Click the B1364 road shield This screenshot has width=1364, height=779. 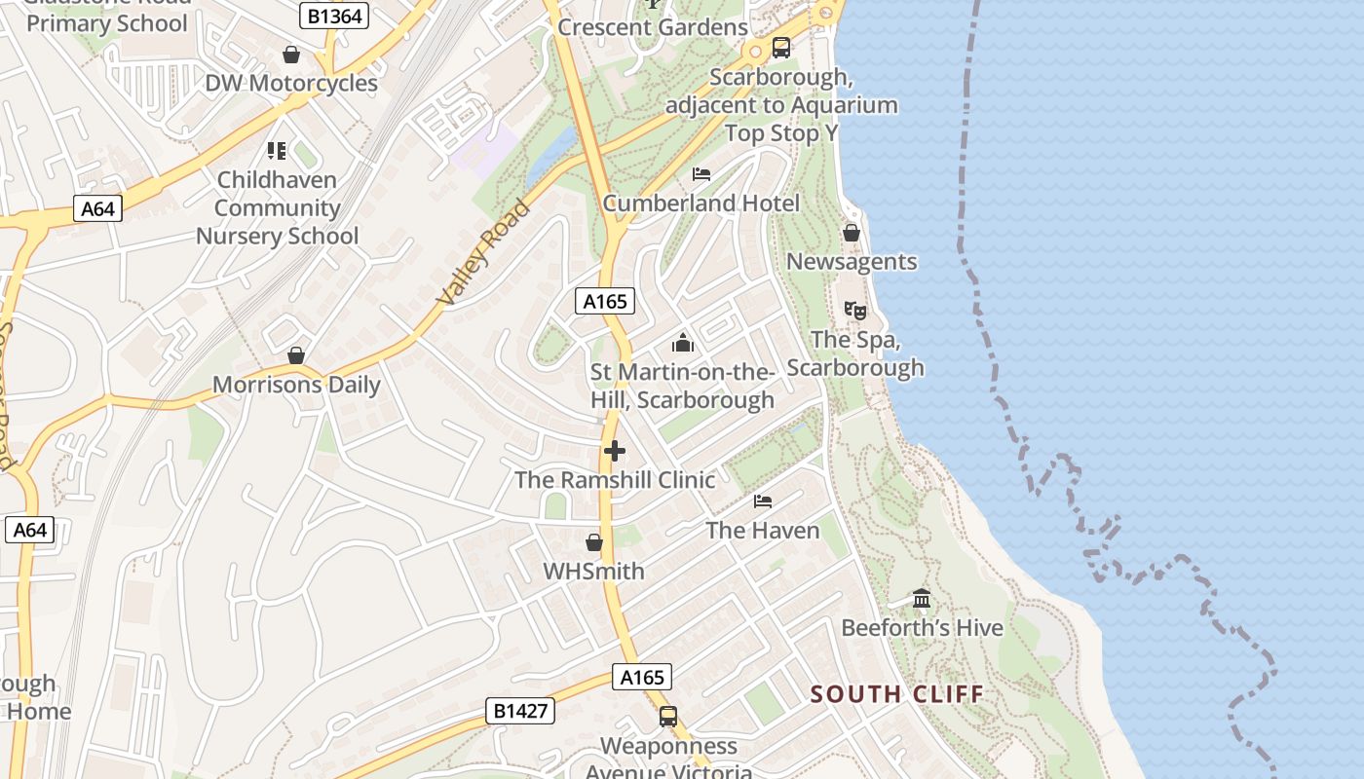click(333, 16)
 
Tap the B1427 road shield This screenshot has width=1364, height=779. click(520, 711)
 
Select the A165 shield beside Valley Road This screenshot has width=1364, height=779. click(604, 302)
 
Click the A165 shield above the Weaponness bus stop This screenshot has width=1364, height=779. click(642, 678)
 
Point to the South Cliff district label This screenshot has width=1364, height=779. click(896, 694)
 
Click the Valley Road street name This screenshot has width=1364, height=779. click(484, 253)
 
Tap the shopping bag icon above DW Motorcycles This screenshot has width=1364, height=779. click(290, 55)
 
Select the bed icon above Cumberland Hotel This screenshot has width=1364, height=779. click(701, 174)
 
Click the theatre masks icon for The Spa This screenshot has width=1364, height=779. click(855, 311)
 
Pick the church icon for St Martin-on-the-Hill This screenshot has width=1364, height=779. click(683, 343)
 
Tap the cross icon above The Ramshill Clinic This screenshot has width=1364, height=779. click(615, 451)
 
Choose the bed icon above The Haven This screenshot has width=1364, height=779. click(763, 501)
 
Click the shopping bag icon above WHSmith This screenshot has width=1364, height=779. click(594, 542)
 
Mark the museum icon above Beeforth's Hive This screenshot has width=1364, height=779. click(922, 599)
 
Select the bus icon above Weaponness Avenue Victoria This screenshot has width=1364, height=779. click(668, 717)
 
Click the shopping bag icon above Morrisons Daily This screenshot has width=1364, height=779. click(296, 355)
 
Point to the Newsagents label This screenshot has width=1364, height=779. click(852, 262)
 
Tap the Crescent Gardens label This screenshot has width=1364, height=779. click(653, 27)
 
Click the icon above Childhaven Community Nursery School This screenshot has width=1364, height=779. click(277, 151)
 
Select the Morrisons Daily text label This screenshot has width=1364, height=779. click(296, 385)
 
